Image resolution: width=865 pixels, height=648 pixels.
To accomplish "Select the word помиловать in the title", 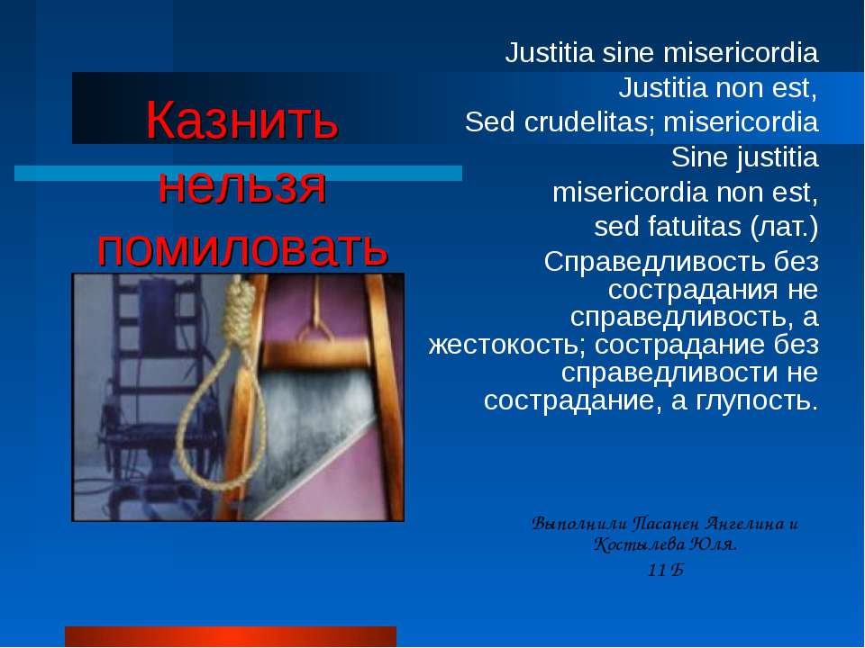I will (x=243, y=248).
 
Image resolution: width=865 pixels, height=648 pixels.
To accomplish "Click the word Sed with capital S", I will (x=487, y=121).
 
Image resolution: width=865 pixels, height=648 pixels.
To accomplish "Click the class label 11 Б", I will (x=666, y=570).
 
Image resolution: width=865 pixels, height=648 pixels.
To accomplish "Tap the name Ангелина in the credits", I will (x=736, y=523).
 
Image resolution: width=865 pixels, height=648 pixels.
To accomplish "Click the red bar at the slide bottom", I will (x=231, y=635).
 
